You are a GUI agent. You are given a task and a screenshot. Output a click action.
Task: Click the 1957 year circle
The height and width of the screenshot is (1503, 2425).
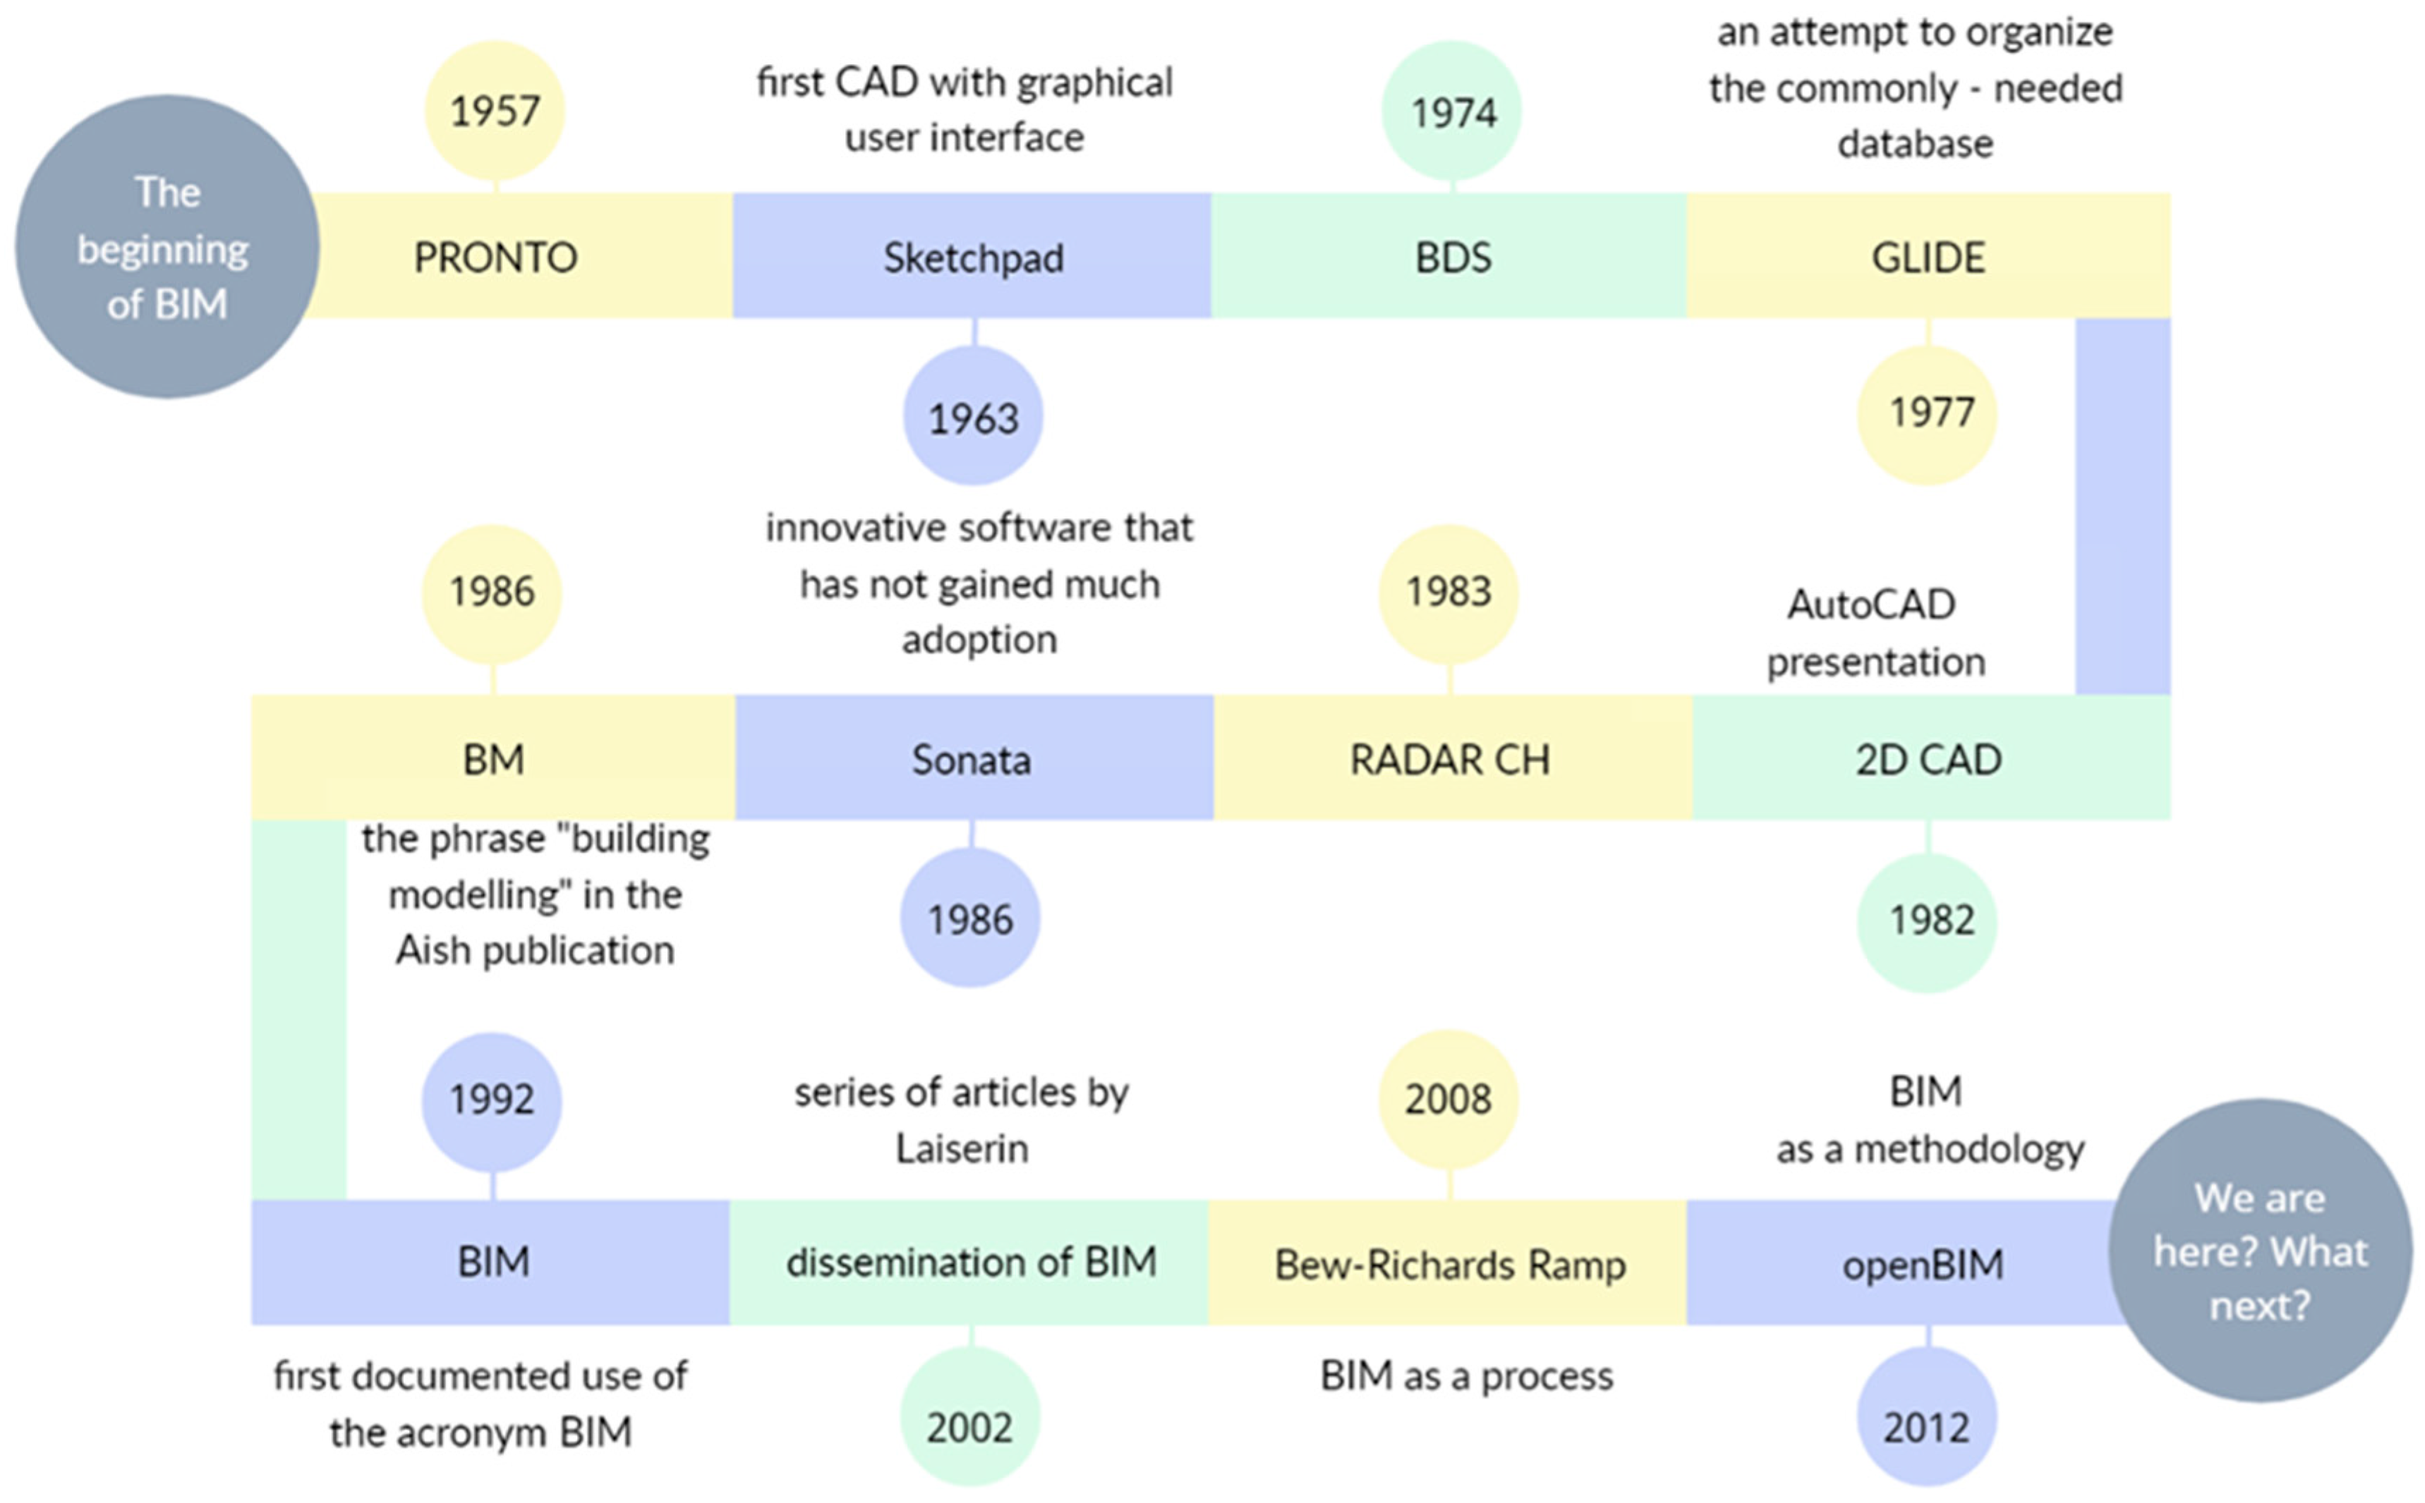495,110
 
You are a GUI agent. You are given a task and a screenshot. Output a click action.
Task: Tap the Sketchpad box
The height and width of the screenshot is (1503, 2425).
972,257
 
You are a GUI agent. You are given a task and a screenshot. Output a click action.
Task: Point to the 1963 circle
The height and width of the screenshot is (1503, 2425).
972,417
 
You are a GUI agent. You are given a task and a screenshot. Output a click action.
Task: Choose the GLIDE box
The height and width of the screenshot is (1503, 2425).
1927,257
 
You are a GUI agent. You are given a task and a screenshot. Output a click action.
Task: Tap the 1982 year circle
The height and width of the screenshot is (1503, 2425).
1927,920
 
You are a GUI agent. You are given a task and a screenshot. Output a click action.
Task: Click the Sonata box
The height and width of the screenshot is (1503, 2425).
972,758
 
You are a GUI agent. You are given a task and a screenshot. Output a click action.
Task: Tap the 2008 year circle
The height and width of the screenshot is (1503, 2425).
1448,1098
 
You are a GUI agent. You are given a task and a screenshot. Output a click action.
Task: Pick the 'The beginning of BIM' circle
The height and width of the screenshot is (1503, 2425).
166,247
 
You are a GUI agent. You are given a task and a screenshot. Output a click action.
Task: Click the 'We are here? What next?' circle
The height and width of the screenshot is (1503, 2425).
2259,1250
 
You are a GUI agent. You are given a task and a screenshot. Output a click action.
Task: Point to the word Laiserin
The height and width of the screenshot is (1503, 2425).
962,1149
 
